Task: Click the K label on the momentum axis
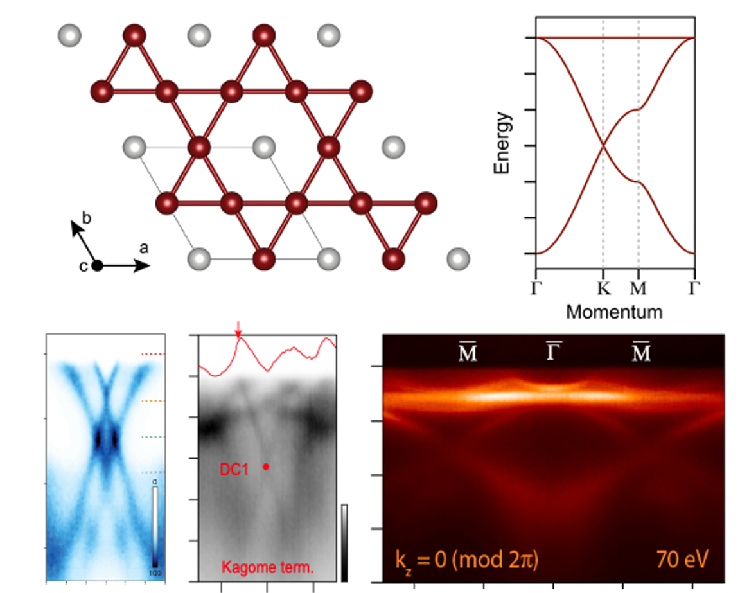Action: pos(603,288)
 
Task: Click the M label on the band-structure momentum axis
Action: pos(639,288)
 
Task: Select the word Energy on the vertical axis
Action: pos(502,143)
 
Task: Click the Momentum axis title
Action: pos(614,312)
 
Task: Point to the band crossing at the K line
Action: pos(603,146)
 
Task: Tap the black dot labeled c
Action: pos(97,265)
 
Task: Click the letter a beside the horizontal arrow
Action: pos(144,247)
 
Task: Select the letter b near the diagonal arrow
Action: pos(87,218)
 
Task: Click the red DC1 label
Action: pos(234,470)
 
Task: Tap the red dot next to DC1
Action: pos(266,467)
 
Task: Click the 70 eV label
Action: pos(682,558)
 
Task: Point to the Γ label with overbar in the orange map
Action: pos(554,352)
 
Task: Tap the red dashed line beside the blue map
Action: pos(153,353)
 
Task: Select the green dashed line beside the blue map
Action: pos(153,437)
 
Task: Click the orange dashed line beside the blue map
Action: pos(153,400)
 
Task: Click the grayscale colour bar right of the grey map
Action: pos(345,543)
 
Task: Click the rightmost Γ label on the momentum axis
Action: pos(692,288)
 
